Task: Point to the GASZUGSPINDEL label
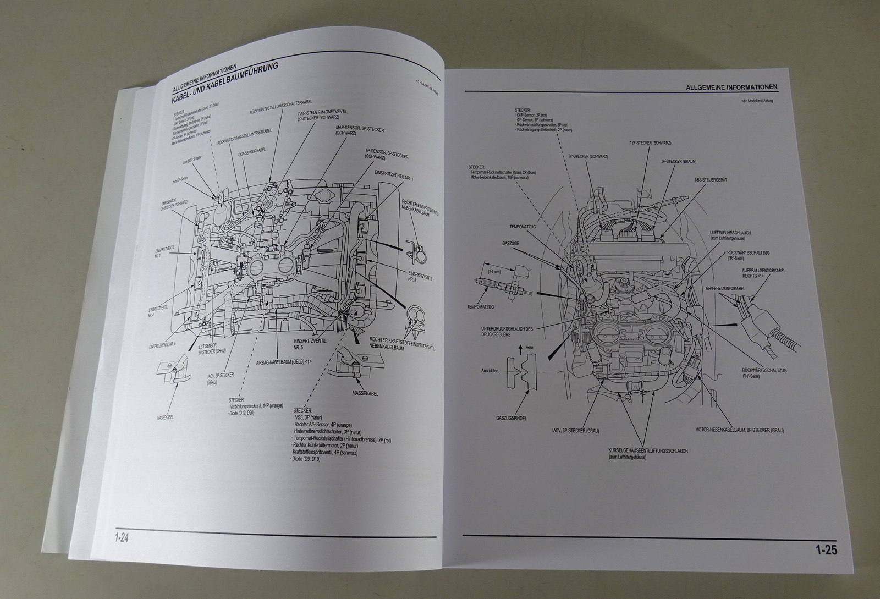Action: coord(511,419)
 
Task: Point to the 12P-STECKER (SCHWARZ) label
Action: coord(652,143)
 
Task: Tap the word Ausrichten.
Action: coord(491,371)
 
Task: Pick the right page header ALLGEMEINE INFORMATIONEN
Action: coord(732,87)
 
